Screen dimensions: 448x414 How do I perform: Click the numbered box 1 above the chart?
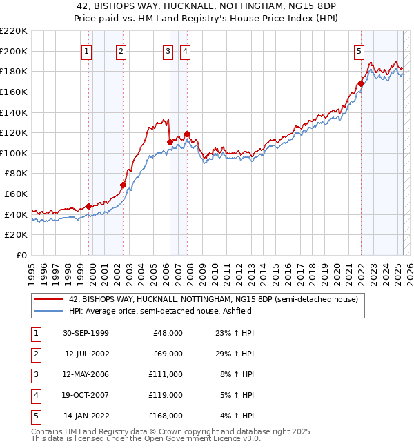(87, 50)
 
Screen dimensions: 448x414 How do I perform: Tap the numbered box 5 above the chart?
(359, 50)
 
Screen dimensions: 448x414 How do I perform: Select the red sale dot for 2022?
(360, 84)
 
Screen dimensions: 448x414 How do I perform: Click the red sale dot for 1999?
(89, 206)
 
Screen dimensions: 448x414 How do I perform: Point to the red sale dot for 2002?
(123, 185)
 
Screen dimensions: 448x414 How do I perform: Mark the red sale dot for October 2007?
(187, 134)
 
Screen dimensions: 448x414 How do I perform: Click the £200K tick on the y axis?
(14, 51)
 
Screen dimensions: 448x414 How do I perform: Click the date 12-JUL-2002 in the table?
(86, 354)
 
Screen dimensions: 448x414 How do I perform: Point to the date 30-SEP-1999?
(86, 333)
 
